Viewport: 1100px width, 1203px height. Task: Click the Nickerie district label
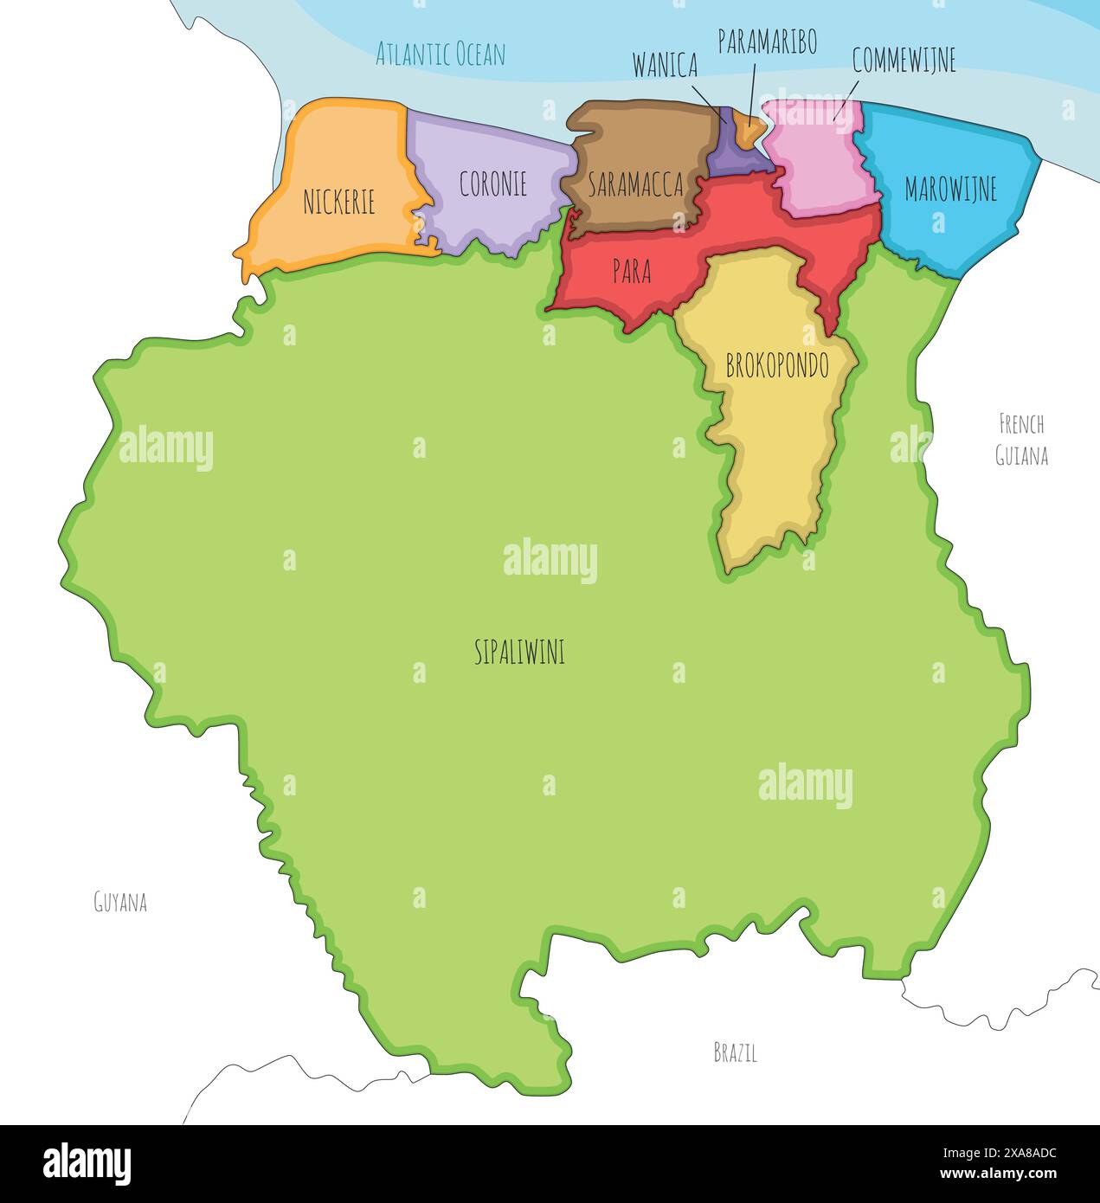(338, 203)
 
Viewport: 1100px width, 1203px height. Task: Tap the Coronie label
(492, 183)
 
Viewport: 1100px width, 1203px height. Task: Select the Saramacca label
(635, 184)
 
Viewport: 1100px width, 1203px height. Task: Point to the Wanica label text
(665, 65)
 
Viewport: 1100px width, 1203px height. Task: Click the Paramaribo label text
(767, 42)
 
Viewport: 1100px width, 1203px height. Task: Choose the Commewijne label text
(904, 60)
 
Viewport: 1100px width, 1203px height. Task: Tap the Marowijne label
(950, 189)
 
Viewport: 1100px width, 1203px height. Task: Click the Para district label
(631, 271)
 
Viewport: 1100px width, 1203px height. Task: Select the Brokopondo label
(777, 366)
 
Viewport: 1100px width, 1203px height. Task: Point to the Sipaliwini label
(519, 652)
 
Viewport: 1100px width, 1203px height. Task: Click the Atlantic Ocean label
(440, 55)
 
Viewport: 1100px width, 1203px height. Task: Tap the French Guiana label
(1021, 440)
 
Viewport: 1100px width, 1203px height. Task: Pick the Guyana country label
(120, 903)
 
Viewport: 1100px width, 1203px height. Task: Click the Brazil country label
(735, 1052)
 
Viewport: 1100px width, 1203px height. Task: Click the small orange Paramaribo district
(748, 127)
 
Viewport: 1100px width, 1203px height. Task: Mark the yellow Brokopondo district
(775, 450)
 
